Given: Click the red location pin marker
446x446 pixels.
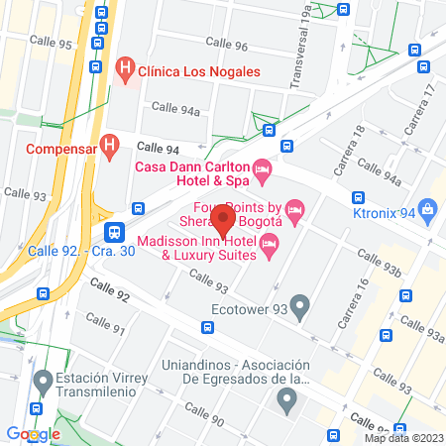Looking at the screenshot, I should coord(223,219).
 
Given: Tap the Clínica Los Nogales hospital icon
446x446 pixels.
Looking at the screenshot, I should coord(125,68).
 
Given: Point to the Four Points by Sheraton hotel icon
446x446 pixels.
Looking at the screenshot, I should coord(294,209).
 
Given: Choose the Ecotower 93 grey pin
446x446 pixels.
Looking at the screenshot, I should coord(300,303).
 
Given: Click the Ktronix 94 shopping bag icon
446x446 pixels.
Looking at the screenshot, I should coord(428,209).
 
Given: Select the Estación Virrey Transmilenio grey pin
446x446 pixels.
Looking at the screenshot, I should coord(43,381).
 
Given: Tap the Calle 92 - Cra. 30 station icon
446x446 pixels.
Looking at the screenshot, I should coord(115,233).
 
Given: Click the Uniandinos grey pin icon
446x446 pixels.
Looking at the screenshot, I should coord(286,401).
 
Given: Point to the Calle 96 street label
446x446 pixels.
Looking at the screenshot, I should coord(228,45).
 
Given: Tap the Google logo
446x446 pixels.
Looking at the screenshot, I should coord(33,434).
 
